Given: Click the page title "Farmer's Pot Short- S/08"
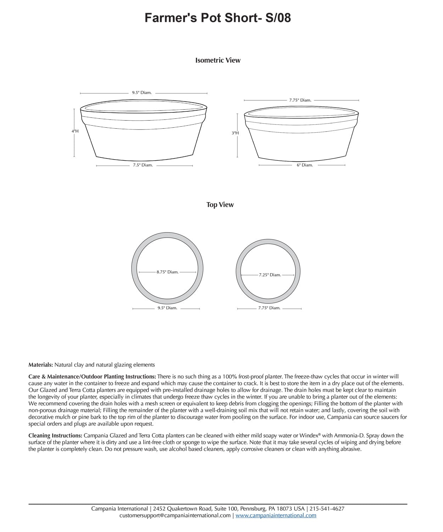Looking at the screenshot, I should pyautogui.click(x=218, y=17).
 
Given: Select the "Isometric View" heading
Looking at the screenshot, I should pyautogui.click(x=218, y=60).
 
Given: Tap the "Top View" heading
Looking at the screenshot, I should pyautogui.click(x=220, y=205).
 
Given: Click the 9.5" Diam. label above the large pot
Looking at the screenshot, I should pyautogui.click(x=142, y=93).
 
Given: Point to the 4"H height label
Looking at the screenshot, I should pyautogui.click(x=75, y=131).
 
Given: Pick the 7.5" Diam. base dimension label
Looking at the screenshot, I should pyautogui.click(x=143, y=165).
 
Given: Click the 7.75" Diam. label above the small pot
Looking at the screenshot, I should pyautogui.click(x=300, y=100).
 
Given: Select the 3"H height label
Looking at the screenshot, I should pyautogui.click(x=235, y=133).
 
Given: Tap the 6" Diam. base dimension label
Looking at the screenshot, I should pyautogui.click(x=305, y=165).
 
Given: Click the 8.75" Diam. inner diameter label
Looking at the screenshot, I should pyautogui.click(x=167, y=272).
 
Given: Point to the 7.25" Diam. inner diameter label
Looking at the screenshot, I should pyautogui.click(x=270, y=275).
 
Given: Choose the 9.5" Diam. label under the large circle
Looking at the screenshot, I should pyautogui.click(x=167, y=308).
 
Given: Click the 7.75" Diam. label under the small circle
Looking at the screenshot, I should pyautogui.click(x=269, y=308).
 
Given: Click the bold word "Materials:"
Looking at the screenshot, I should pyautogui.click(x=41, y=365).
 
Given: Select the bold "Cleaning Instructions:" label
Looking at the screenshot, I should pyautogui.click(x=55, y=436).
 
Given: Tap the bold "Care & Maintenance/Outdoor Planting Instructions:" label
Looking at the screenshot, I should pyautogui.click(x=92, y=376).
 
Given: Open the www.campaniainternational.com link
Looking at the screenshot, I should pyautogui.click(x=276, y=516).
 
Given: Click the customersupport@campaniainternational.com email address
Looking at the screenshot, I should pyautogui.click(x=175, y=516).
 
